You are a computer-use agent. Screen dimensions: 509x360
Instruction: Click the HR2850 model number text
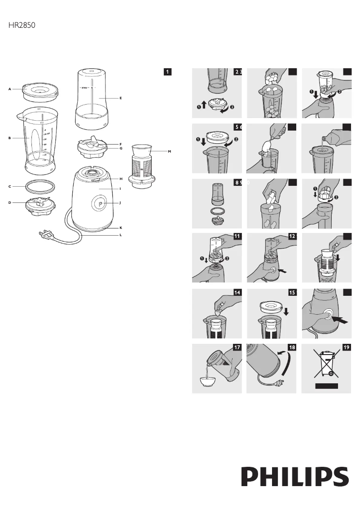(22, 26)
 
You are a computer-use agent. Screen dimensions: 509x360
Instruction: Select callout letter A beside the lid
(9, 89)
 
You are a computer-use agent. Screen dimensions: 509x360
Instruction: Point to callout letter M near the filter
(169, 152)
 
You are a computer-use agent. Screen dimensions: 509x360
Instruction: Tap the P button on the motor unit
(100, 203)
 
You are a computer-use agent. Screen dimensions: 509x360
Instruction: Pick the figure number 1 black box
(167, 71)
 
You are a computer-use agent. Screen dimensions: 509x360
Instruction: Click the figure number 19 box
(347, 347)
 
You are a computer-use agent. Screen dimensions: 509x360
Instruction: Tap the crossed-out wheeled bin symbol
(326, 364)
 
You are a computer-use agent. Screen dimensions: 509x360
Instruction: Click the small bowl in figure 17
(208, 381)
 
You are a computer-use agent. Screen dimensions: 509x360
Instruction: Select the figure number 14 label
(237, 293)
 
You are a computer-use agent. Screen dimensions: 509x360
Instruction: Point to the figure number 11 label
(237, 236)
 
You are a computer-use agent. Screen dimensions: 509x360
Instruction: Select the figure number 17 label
(237, 347)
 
